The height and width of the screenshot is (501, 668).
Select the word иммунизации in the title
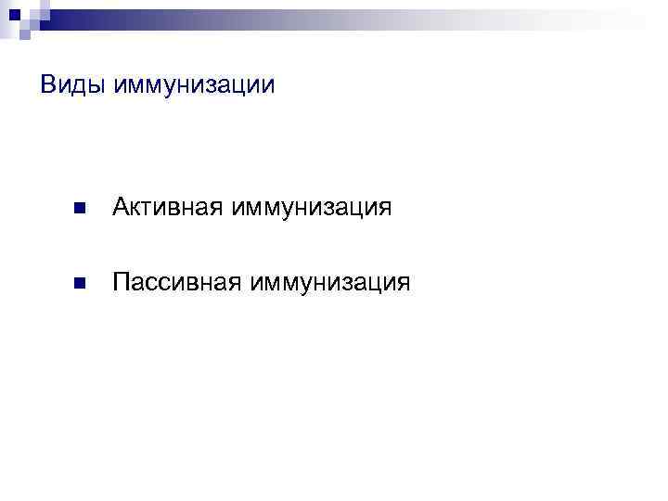[x=194, y=85]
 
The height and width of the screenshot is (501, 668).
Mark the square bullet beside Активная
[x=79, y=208]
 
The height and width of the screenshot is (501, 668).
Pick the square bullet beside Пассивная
[x=79, y=282]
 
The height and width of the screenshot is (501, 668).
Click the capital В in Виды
[x=48, y=85]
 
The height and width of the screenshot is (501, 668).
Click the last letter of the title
[x=269, y=86]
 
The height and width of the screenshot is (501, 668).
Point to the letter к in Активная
[x=137, y=208]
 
